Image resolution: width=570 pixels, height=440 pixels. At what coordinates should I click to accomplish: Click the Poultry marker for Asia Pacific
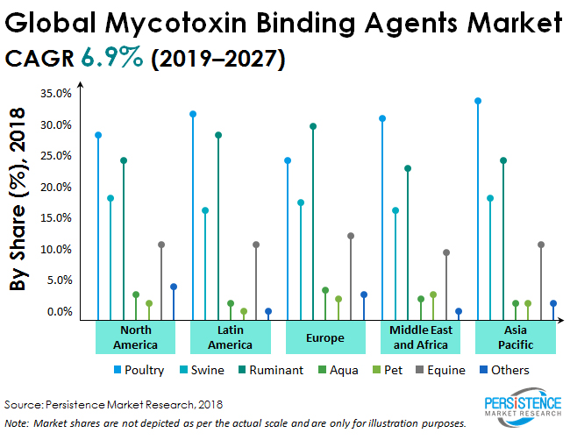[x=478, y=101]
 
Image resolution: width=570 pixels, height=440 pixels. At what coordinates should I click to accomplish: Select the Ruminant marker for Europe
[x=313, y=126]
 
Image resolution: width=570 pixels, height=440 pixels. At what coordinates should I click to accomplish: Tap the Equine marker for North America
[x=161, y=245]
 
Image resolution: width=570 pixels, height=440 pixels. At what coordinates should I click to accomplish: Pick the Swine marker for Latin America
[x=205, y=210]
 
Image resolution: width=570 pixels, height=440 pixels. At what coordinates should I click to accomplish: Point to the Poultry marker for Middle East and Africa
[x=382, y=118]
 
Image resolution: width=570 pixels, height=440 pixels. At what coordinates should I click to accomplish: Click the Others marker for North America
[x=174, y=287]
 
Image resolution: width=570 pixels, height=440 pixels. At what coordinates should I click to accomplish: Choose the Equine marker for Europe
[x=351, y=236]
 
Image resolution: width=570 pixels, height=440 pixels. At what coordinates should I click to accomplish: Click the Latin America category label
[x=230, y=337]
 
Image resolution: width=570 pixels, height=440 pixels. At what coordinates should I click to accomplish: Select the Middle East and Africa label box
[x=421, y=337]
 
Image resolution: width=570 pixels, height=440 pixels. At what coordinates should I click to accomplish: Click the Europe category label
[x=325, y=337]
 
